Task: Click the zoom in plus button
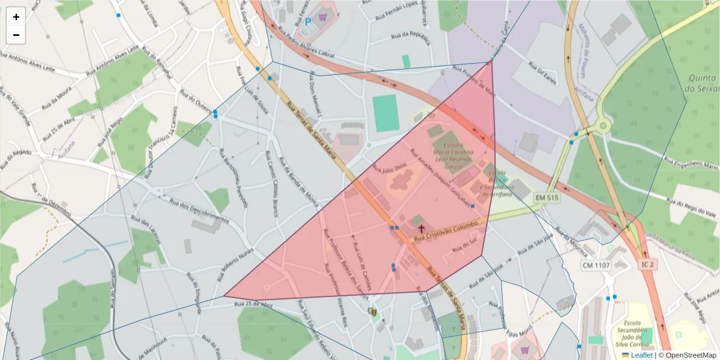point(16,17)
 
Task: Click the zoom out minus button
point(16,35)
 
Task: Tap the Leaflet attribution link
point(641,355)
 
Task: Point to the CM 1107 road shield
point(596,265)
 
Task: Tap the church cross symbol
point(421,229)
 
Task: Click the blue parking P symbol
point(308,22)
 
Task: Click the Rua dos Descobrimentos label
point(199,211)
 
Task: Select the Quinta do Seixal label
point(703,83)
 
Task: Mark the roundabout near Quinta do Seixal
point(602,126)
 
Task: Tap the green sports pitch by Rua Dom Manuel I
point(385,112)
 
